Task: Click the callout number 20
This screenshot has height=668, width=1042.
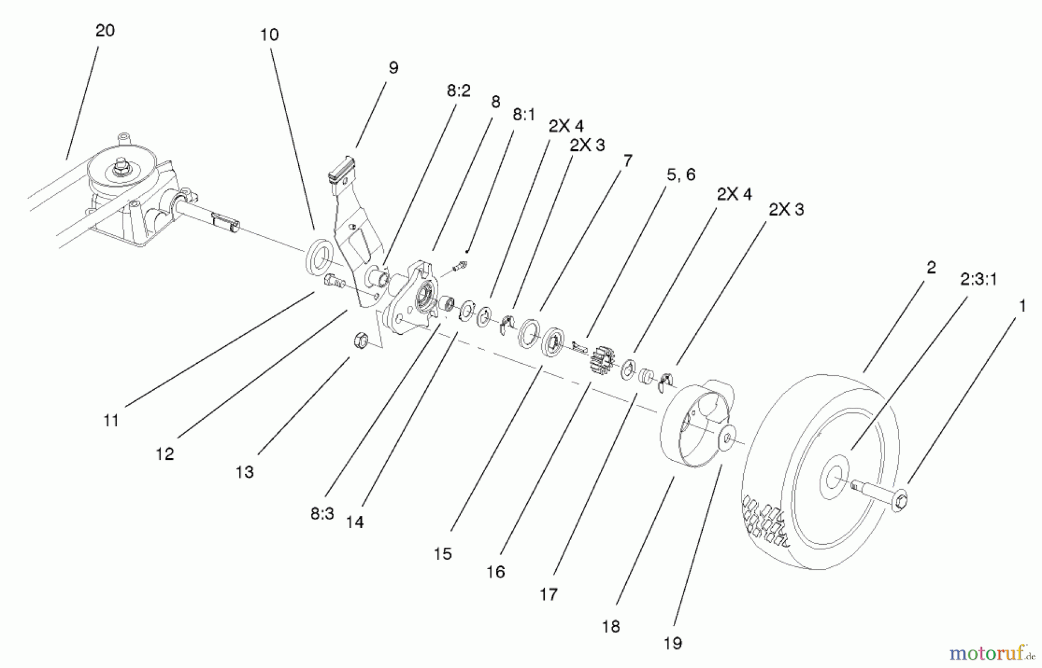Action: tap(105, 31)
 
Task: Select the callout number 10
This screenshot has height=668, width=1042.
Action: tap(269, 35)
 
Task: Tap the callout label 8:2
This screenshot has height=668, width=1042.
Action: tap(458, 91)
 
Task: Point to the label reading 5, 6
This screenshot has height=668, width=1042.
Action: tap(681, 175)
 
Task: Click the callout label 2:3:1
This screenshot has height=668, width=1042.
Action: tap(978, 280)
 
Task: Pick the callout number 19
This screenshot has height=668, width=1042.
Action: tap(673, 643)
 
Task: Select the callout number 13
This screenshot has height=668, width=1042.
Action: tap(244, 473)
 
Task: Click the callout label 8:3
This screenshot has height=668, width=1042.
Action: tap(322, 514)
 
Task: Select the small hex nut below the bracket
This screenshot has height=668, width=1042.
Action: tap(361, 341)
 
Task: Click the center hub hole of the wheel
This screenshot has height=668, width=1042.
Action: tap(834, 478)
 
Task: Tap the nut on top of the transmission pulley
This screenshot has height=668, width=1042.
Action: tap(122, 167)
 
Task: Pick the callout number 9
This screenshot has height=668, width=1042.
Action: tap(393, 68)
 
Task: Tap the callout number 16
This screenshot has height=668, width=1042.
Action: tap(496, 572)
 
